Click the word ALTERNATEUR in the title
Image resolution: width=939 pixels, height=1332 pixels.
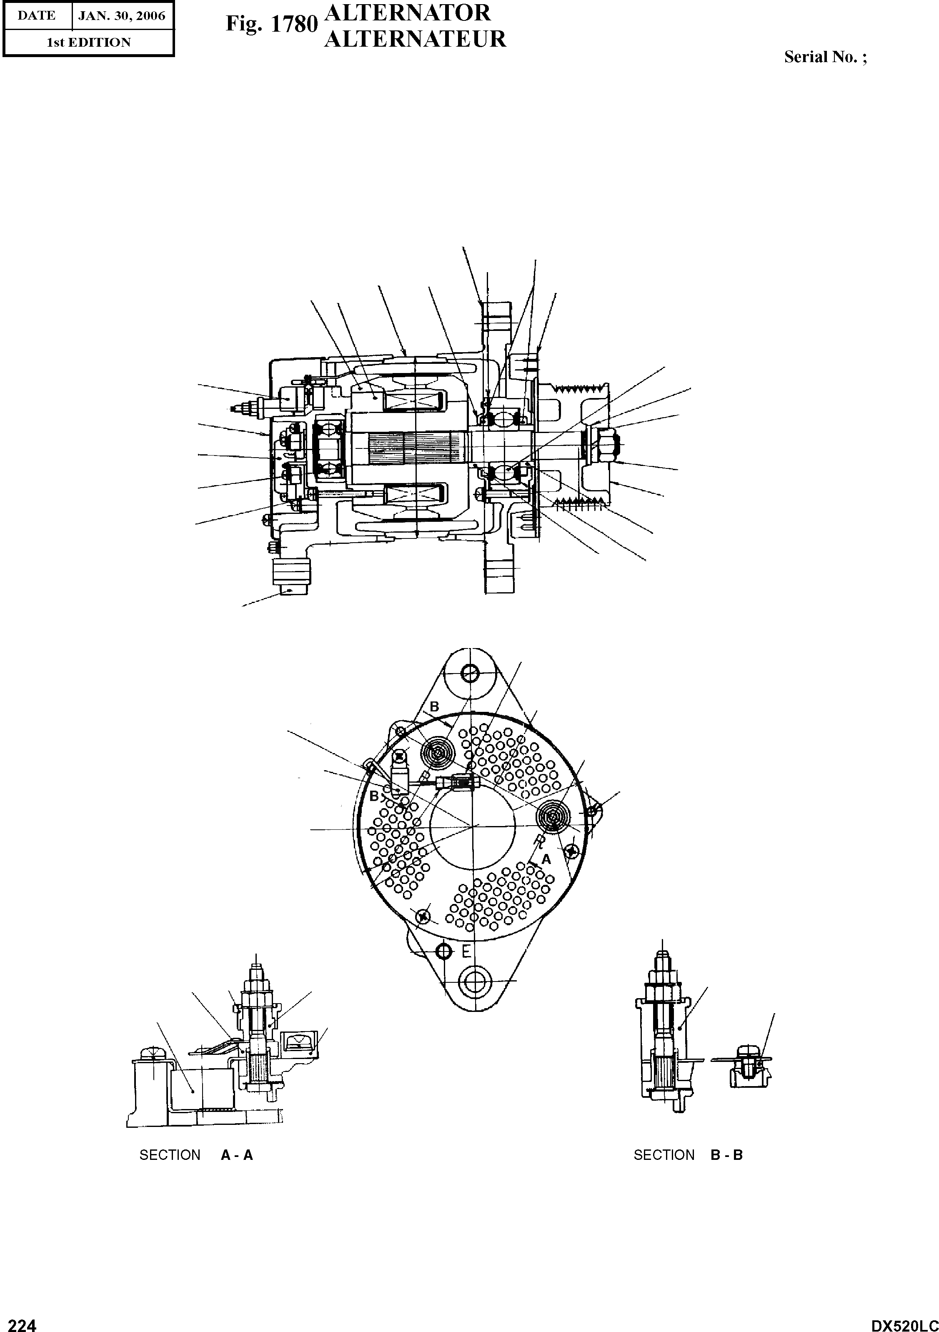415,39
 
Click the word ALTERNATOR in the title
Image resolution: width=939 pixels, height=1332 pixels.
408,13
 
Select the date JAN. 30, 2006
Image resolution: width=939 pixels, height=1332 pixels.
122,16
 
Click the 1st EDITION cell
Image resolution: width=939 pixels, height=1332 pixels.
89,43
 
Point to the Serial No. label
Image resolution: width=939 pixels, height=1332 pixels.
825,57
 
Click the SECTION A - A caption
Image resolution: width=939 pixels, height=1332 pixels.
196,1155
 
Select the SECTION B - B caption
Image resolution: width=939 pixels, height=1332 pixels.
688,1155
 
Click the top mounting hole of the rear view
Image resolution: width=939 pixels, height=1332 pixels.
471,673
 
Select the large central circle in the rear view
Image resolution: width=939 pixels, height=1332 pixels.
473,824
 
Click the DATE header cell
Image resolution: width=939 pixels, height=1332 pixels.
37,16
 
